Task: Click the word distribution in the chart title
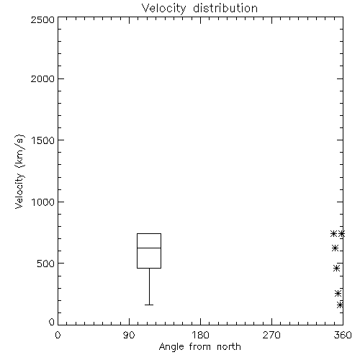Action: coord(225,8)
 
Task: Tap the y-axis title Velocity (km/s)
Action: coord(19,171)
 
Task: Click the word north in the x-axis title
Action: coord(229,347)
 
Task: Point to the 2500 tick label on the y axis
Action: coord(42,19)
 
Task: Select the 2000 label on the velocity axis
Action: coord(42,78)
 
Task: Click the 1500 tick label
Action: coord(43,140)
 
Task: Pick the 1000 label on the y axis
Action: coord(43,202)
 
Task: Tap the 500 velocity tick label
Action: coord(46,264)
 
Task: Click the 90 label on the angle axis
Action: coord(129,335)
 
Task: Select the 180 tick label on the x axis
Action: coord(200,335)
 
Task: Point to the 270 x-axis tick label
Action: coord(271,335)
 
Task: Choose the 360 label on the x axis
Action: coord(343,335)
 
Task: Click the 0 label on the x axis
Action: coord(58,335)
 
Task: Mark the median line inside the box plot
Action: coord(149,248)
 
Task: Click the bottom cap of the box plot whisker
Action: coord(149,305)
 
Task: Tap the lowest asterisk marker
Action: coord(340,305)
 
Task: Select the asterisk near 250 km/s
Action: coord(338,293)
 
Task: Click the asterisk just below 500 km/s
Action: coord(336,268)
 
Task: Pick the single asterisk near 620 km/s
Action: coord(335,248)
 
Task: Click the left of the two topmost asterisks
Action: coord(333,233)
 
